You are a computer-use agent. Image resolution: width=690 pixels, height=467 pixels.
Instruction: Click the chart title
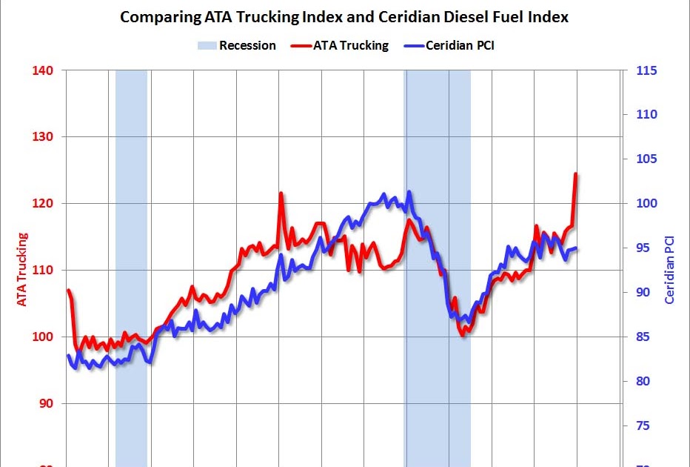(345, 16)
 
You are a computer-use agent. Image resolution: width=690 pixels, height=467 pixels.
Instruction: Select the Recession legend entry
(237, 45)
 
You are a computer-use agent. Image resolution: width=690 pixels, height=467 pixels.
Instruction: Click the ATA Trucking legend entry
(341, 45)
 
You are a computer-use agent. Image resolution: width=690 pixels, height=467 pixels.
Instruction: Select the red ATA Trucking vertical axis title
(21, 270)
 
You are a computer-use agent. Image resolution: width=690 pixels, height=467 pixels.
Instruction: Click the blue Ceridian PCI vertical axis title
(669, 270)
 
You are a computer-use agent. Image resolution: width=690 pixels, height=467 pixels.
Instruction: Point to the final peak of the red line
(576, 174)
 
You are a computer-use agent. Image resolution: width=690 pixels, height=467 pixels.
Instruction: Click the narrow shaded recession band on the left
(131, 267)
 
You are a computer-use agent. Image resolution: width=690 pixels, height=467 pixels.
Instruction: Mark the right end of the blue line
(577, 248)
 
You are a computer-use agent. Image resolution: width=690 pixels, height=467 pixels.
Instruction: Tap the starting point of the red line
(68, 290)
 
